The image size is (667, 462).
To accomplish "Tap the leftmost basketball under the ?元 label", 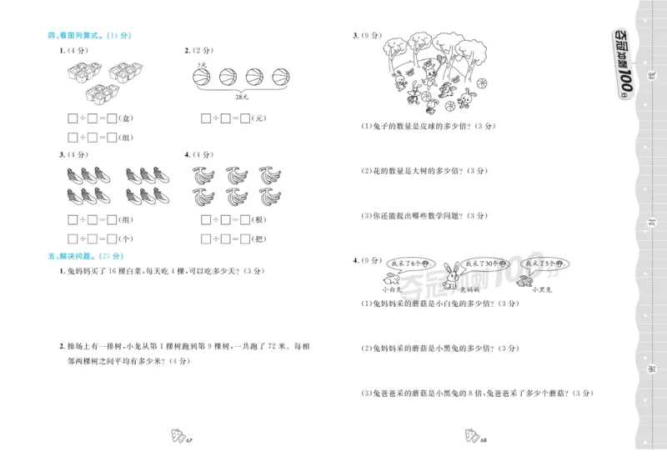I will pyautogui.click(x=201, y=78).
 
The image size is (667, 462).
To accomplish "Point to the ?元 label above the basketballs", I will pyautogui.click(x=201, y=64).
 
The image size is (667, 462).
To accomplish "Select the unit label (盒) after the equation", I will pyautogui.click(x=126, y=118).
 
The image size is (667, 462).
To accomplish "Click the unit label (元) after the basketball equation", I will pyautogui.click(x=259, y=118).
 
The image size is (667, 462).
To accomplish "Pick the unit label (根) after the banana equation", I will pyautogui.click(x=259, y=220).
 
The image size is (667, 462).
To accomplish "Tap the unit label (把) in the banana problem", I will pyautogui.click(x=259, y=239).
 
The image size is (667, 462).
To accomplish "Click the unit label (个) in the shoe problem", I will pyautogui.click(x=126, y=239).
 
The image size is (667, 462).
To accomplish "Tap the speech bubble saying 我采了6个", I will pyautogui.click(x=408, y=263).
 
